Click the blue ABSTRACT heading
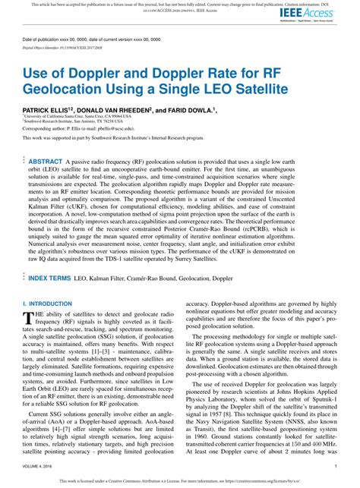(x=46, y=162)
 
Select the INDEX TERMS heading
(x=50, y=257)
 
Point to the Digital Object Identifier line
(x=65, y=47)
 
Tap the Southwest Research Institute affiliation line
(x=76, y=121)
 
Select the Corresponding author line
(x=84, y=129)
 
